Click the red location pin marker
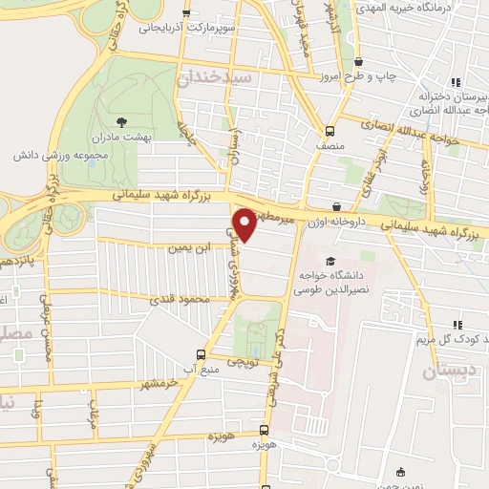click(244, 224)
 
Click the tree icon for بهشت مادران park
click(120, 121)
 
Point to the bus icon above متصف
click(330, 131)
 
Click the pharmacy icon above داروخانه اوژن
click(336, 206)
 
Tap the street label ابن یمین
click(187, 247)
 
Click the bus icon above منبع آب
click(201, 352)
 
